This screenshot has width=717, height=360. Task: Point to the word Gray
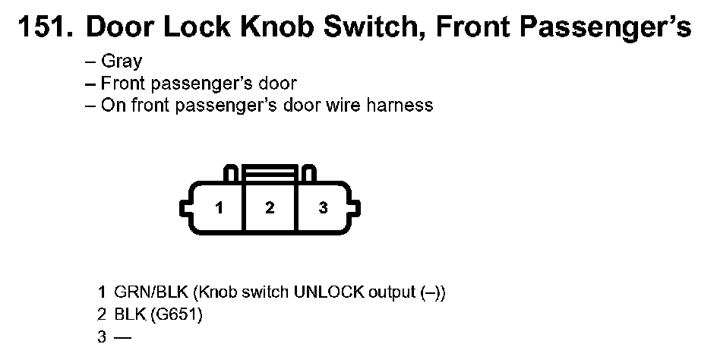[122, 62]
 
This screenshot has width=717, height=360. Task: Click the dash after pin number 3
[122, 336]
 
